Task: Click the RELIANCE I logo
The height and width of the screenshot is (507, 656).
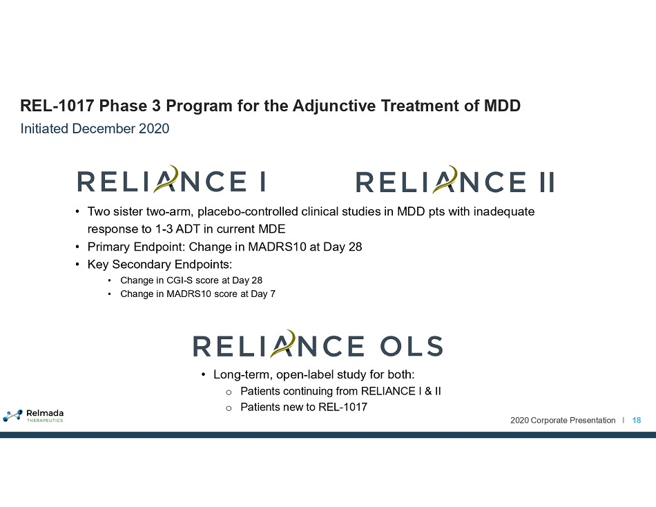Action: click(x=171, y=180)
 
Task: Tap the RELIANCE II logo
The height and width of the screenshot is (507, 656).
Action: click(x=455, y=180)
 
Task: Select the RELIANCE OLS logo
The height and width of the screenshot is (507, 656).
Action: click(x=318, y=344)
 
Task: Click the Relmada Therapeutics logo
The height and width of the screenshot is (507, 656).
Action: click(x=33, y=415)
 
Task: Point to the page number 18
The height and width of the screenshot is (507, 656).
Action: click(x=637, y=421)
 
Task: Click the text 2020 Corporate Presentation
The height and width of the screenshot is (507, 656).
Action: click(x=563, y=421)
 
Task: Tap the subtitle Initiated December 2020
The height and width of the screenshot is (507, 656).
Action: click(x=95, y=128)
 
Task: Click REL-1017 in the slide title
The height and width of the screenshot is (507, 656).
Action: click(x=57, y=106)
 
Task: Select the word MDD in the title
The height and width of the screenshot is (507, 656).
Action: click(x=502, y=106)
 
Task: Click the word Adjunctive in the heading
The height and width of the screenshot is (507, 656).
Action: click(x=334, y=106)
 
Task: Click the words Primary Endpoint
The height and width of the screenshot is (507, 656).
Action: click(x=136, y=247)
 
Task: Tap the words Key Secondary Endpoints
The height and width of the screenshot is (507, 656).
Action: click(x=160, y=265)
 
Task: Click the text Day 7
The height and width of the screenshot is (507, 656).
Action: click(x=262, y=294)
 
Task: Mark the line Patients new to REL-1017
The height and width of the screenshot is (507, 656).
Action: click(x=304, y=407)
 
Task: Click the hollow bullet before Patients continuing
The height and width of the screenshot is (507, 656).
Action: click(x=229, y=392)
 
